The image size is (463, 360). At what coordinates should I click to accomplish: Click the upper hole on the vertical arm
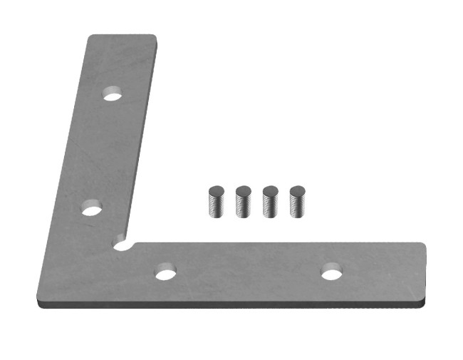click(x=113, y=93)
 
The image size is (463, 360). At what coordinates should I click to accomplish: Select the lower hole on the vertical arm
click(x=91, y=209)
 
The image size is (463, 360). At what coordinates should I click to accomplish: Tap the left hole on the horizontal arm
click(x=166, y=274)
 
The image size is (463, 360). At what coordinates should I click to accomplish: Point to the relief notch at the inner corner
click(x=123, y=245)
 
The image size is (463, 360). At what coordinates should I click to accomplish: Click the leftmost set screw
click(x=216, y=202)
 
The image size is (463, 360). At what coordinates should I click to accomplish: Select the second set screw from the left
click(x=243, y=202)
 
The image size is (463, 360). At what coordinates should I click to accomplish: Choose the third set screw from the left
click(x=270, y=202)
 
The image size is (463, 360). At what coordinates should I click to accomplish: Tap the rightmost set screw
click(x=297, y=202)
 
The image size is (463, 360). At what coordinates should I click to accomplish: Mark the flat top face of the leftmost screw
click(x=216, y=190)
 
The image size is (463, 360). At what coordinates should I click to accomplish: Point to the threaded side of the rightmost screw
click(x=297, y=207)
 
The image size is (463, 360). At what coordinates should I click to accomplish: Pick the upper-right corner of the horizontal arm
click(x=422, y=246)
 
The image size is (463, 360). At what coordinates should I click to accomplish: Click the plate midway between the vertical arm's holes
click(x=102, y=151)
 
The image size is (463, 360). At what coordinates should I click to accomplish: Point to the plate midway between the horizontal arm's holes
click(x=248, y=273)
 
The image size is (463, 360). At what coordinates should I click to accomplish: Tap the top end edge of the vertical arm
click(x=122, y=36)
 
